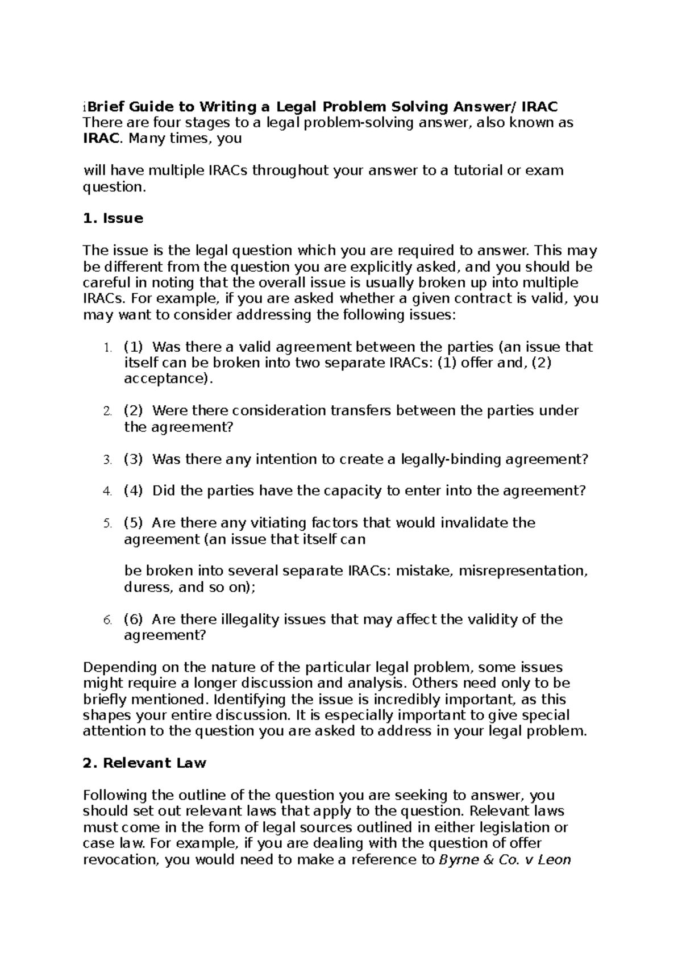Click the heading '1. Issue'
[113, 218]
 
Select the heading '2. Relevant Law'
[144, 763]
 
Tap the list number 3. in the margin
[107, 460]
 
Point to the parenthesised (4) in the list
[133, 490]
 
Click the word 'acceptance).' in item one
[169, 378]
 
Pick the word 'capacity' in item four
[354, 490]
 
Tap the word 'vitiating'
[272, 522]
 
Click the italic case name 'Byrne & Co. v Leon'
[505, 859]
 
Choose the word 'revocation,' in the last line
[122, 859]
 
